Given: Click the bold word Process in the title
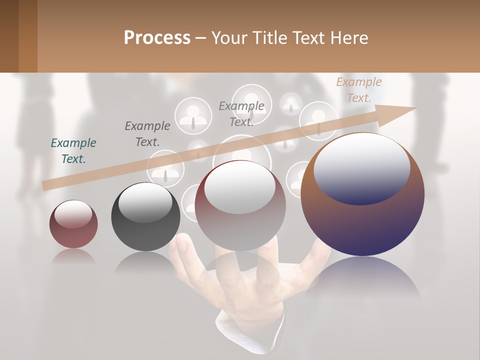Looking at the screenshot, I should (x=157, y=38).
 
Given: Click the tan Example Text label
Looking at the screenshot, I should (x=358, y=90).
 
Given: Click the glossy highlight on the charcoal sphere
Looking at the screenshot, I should (x=145, y=202).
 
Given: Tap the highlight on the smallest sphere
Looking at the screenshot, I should (x=73, y=214).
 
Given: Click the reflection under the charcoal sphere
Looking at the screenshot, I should (x=145, y=262).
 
